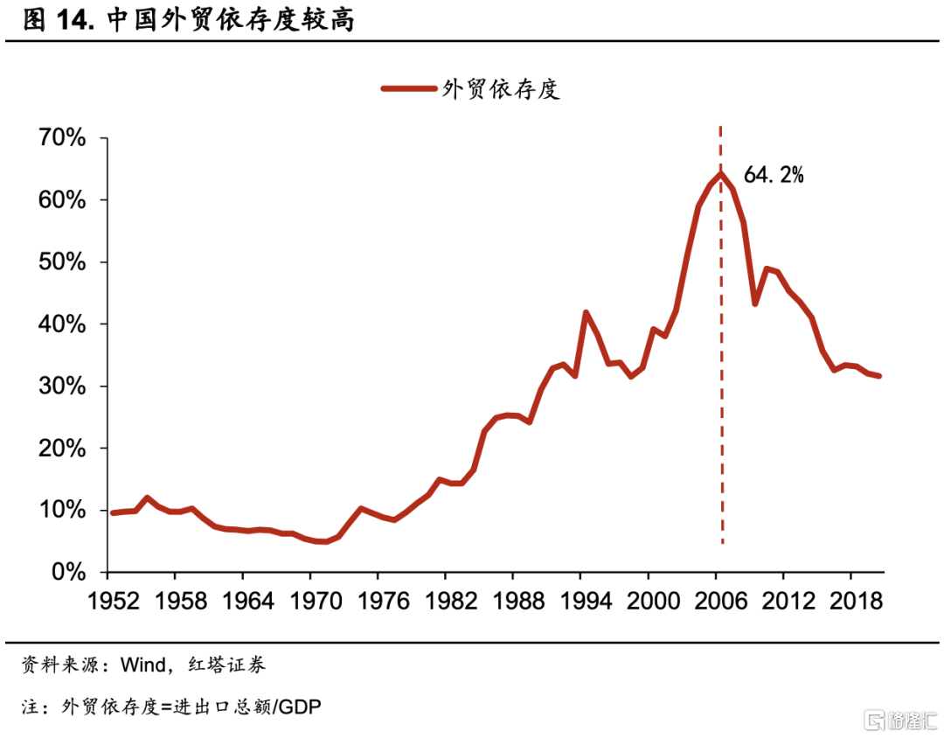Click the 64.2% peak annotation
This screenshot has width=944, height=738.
tap(773, 175)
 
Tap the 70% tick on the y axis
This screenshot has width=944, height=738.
tap(61, 138)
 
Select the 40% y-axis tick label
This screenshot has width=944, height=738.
tap(61, 324)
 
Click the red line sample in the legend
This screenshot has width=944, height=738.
tap(408, 87)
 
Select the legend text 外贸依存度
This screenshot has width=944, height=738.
tap(501, 87)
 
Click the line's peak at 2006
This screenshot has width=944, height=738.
tap(720, 172)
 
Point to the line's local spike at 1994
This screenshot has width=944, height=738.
tap(586, 312)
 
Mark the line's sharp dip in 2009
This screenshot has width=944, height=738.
tap(754, 303)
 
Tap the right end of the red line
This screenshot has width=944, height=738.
tap(880, 376)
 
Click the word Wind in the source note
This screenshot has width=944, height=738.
tap(142, 665)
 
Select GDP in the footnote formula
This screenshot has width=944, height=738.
tap(300, 707)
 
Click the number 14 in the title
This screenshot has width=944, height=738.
tap(76, 19)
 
